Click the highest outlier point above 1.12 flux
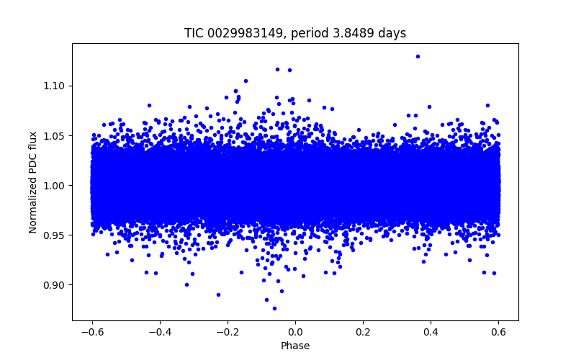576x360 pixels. pos(418,56)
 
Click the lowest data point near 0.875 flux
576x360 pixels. pos(274,308)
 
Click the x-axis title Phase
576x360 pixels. pos(295,346)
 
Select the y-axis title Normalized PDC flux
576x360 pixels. pos(33,185)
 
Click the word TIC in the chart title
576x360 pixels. pos(194,33)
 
